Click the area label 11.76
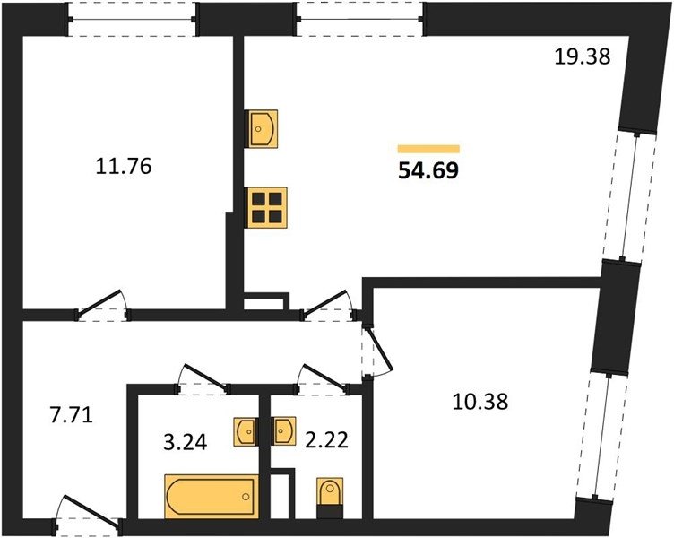124,166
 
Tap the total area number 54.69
428,170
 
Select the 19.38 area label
582,56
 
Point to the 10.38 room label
480,402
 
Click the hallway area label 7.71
72,416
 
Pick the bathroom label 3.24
186,442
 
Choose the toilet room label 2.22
326,440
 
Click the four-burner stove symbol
267,207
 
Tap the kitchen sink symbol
261,128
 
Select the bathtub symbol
212,496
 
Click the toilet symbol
330,497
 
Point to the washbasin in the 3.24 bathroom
246,431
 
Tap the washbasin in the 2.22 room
283,430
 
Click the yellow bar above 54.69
428,149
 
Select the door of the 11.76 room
102,306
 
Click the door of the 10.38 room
376,351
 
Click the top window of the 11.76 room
133,19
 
